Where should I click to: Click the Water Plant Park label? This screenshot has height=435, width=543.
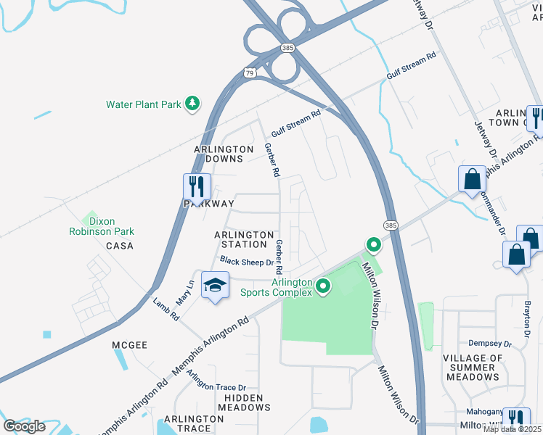click(143, 104)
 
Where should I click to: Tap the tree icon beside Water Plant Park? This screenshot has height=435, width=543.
click(192, 104)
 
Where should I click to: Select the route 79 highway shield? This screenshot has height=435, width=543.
click(250, 73)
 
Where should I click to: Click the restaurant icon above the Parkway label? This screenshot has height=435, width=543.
click(197, 186)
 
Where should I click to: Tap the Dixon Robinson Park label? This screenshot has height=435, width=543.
click(102, 226)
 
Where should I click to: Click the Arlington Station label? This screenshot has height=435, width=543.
click(245, 239)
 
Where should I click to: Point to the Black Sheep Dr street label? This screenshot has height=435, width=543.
click(246, 262)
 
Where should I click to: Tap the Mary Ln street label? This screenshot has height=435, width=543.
click(185, 290)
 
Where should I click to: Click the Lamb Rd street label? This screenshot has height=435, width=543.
click(166, 308)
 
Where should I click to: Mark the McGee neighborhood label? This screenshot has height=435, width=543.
click(130, 345)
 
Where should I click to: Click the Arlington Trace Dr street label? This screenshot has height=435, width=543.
click(216, 379)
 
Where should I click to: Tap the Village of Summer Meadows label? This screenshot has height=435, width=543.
click(473, 368)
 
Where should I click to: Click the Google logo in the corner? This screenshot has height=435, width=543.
click(24, 426)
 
